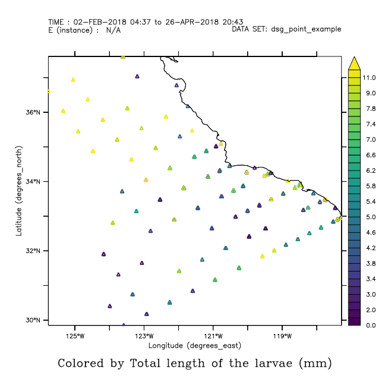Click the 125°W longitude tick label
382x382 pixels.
tap(75, 335)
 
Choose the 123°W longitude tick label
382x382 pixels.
tap(144, 335)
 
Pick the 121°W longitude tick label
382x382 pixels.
tap(213, 335)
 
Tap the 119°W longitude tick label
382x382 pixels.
tap(282, 335)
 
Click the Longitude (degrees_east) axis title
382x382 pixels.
tap(194, 345)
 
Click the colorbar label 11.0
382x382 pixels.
tap(369, 78)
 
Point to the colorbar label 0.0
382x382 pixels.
tap(369, 326)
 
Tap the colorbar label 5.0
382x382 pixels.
tap(369, 217)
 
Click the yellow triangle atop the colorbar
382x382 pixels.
tap(354, 62)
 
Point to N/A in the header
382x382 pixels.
tap(113, 30)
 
